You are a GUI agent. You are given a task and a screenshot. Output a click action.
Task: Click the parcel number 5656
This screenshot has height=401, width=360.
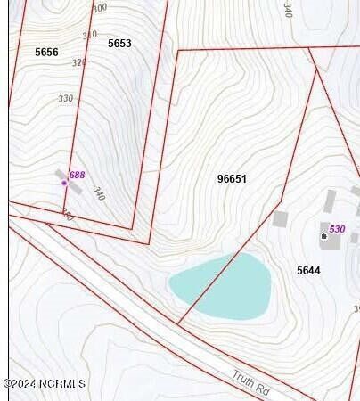coord(46,53)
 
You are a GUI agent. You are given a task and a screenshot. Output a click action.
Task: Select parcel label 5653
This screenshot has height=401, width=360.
coord(119,44)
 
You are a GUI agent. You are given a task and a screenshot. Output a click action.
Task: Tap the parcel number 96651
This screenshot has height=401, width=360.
coord(232,179)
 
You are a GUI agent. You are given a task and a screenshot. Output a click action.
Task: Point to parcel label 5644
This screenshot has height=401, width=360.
coord(308,270)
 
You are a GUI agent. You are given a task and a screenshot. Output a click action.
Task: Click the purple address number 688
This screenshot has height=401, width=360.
coord(78,176)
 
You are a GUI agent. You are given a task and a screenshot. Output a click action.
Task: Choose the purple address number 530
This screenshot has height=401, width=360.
coord(337,229)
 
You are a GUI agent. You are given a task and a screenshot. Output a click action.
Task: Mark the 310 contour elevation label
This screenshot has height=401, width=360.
coord(89,36)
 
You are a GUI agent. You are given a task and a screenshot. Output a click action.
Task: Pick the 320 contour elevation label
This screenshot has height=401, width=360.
coord(79,63)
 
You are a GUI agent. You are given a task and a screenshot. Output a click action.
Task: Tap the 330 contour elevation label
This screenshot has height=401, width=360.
coord(66,99)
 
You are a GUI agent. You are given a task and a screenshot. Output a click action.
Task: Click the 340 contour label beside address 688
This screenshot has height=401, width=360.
coord(98,192)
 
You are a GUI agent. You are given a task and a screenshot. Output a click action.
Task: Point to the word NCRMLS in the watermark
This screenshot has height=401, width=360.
coord(61,384)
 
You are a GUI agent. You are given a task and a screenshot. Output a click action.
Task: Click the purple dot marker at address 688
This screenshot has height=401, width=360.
coord(64,183)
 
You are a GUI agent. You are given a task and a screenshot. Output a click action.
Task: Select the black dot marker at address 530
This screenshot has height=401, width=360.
coord(323,236)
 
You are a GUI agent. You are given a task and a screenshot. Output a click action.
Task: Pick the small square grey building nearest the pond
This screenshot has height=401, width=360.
coord(280,218)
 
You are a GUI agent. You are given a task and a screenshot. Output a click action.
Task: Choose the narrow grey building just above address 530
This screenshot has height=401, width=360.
coord(330,201)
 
